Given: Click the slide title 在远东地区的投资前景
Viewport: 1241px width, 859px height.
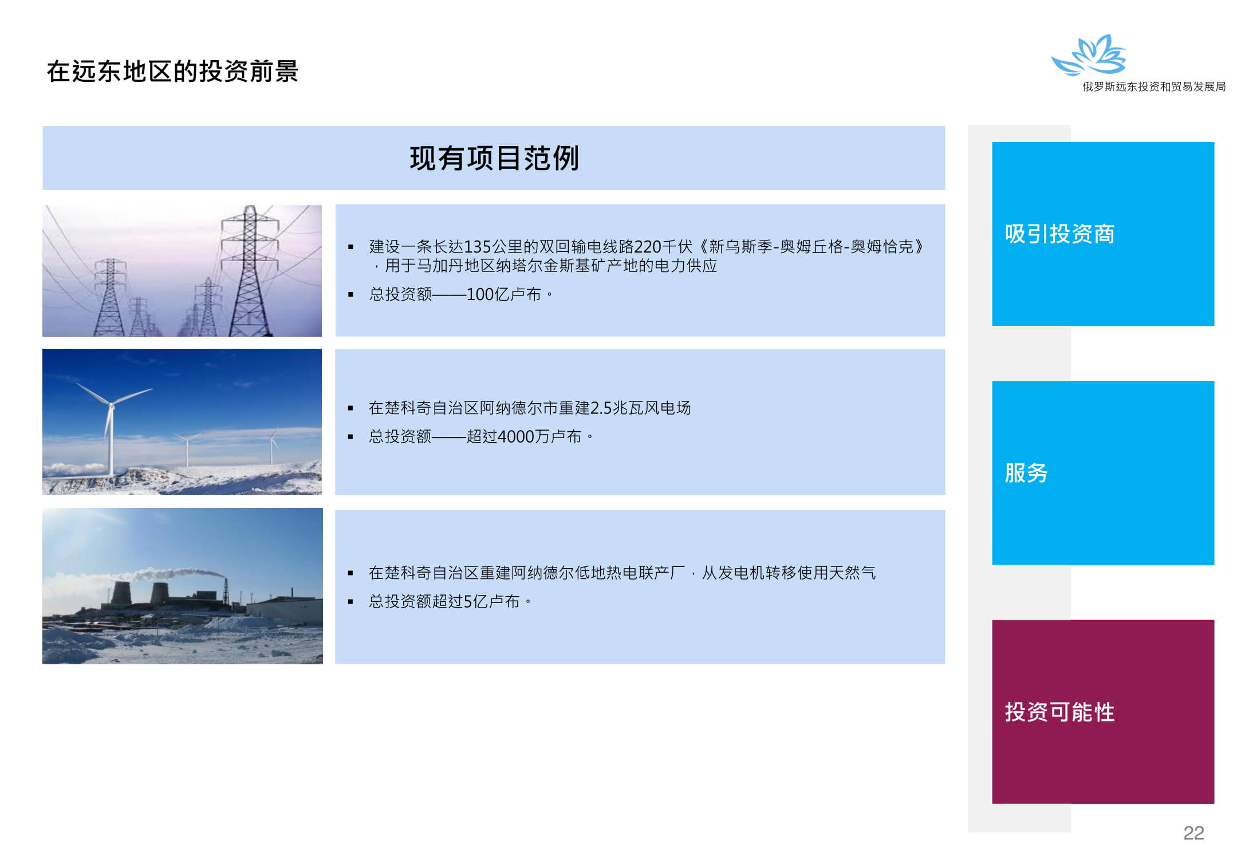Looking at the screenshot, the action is (x=172, y=72).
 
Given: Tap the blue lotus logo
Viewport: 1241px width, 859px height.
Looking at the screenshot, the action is (x=1089, y=55).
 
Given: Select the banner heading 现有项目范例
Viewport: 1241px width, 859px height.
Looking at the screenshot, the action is (x=494, y=158).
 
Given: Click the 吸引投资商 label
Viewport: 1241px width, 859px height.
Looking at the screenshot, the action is (x=1059, y=234).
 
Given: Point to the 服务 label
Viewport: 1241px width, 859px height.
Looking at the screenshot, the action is (x=1026, y=473).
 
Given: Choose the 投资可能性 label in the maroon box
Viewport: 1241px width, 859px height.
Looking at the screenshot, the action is (x=1059, y=712).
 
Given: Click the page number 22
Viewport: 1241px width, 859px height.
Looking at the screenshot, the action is (x=1193, y=833).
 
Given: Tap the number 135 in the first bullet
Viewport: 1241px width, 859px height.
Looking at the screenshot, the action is (x=478, y=247).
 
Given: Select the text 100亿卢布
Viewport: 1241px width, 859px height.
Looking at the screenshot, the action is (x=503, y=294).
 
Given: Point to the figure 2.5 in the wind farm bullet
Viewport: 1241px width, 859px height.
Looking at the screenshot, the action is (x=601, y=408).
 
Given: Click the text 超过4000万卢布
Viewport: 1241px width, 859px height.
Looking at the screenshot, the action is (x=523, y=436).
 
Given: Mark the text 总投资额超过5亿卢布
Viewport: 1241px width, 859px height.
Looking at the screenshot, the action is (x=444, y=601).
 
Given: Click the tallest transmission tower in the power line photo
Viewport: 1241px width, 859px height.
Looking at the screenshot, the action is (x=250, y=270).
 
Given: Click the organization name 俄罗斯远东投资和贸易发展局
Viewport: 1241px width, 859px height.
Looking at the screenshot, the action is (x=1154, y=86).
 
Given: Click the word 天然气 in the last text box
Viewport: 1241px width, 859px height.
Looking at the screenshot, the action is (x=852, y=573).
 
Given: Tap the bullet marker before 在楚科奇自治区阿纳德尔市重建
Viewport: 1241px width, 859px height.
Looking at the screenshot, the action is (x=350, y=408).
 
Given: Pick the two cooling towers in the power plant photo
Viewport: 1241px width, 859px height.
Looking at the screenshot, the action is (x=140, y=593).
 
